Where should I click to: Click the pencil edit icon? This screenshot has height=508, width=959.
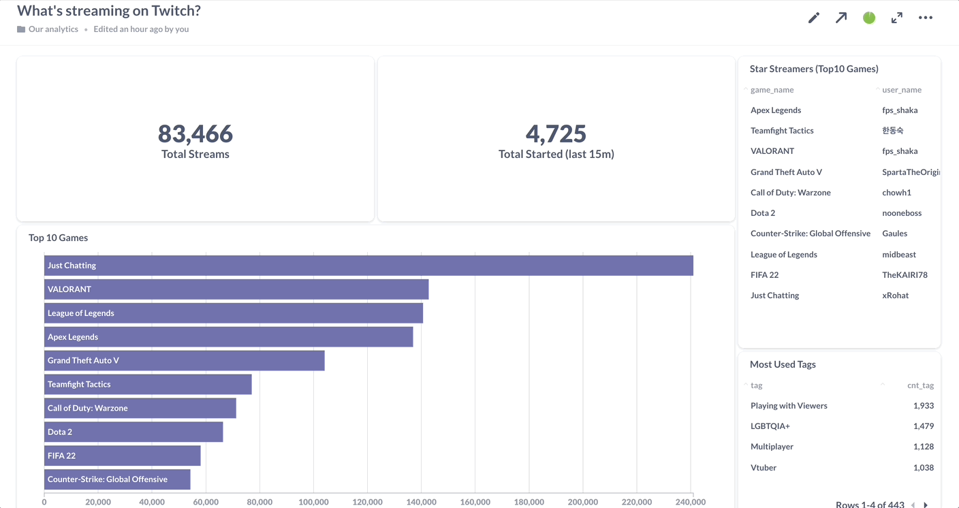(813, 18)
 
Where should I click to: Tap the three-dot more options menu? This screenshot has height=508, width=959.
(925, 18)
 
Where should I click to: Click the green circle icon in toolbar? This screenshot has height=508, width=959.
(869, 18)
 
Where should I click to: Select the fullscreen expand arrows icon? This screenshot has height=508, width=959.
(897, 18)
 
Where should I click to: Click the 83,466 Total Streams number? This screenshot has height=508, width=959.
(195, 133)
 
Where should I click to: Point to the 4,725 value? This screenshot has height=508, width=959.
(556, 133)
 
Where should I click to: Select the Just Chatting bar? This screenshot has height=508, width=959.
(368, 266)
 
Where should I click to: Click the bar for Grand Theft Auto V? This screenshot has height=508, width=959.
(184, 360)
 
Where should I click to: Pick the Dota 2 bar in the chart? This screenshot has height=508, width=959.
(133, 432)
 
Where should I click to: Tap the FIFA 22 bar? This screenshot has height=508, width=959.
(123, 456)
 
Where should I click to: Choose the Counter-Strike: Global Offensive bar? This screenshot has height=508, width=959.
(117, 479)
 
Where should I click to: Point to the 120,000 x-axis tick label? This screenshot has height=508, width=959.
(367, 502)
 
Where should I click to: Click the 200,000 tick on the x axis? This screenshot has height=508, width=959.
(583, 502)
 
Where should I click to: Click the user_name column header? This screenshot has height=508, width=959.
(901, 90)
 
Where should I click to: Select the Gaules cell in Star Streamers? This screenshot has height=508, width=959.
(894, 234)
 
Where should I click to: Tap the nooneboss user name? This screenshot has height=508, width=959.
(901, 213)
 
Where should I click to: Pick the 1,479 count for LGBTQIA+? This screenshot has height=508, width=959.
(923, 426)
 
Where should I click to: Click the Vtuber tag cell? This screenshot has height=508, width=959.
(764, 468)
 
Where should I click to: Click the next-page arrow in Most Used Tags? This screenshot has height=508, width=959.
(926, 505)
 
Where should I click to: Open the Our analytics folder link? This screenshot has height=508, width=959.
(53, 29)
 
